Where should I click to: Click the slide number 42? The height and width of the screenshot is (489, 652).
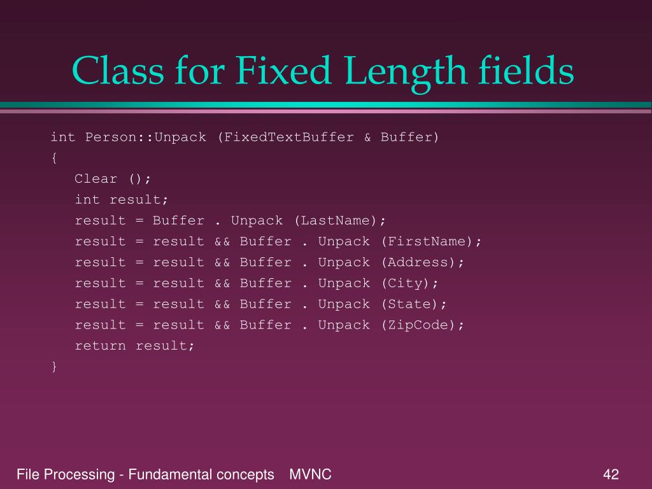(x=611, y=474)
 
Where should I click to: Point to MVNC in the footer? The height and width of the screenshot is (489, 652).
(x=310, y=474)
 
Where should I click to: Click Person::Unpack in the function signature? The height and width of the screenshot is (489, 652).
(x=146, y=137)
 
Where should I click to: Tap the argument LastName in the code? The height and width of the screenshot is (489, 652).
(x=340, y=220)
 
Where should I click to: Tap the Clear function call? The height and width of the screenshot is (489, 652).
(x=96, y=179)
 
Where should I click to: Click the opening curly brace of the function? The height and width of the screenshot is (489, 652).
(x=54, y=158)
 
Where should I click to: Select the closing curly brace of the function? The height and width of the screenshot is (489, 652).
(x=54, y=366)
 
